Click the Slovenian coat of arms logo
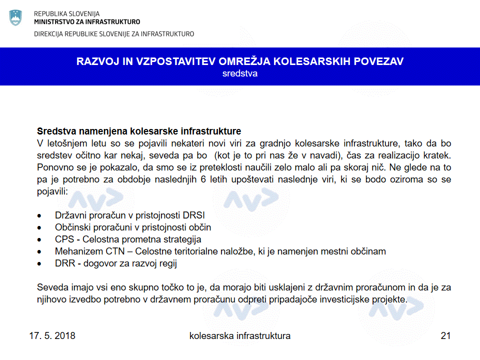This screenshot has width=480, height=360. pyautogui.click(x=15, y=17)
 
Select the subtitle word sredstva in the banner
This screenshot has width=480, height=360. pyautogui.click(x=240, y=73)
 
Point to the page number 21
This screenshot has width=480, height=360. pyautogui.click(x=445, y=335)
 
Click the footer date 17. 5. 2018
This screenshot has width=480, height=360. pyautogui.click(x=52, y=335)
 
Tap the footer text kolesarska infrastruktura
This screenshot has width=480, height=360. pyautogui.click(x=240, y=335)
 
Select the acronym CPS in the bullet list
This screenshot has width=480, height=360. pyautogui.click(x=64, y=239)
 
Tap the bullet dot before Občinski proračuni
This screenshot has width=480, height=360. pyautogui.click(x=40, y=228)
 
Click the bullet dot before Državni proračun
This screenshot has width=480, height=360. pyautogui.click(x=40, y=216)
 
